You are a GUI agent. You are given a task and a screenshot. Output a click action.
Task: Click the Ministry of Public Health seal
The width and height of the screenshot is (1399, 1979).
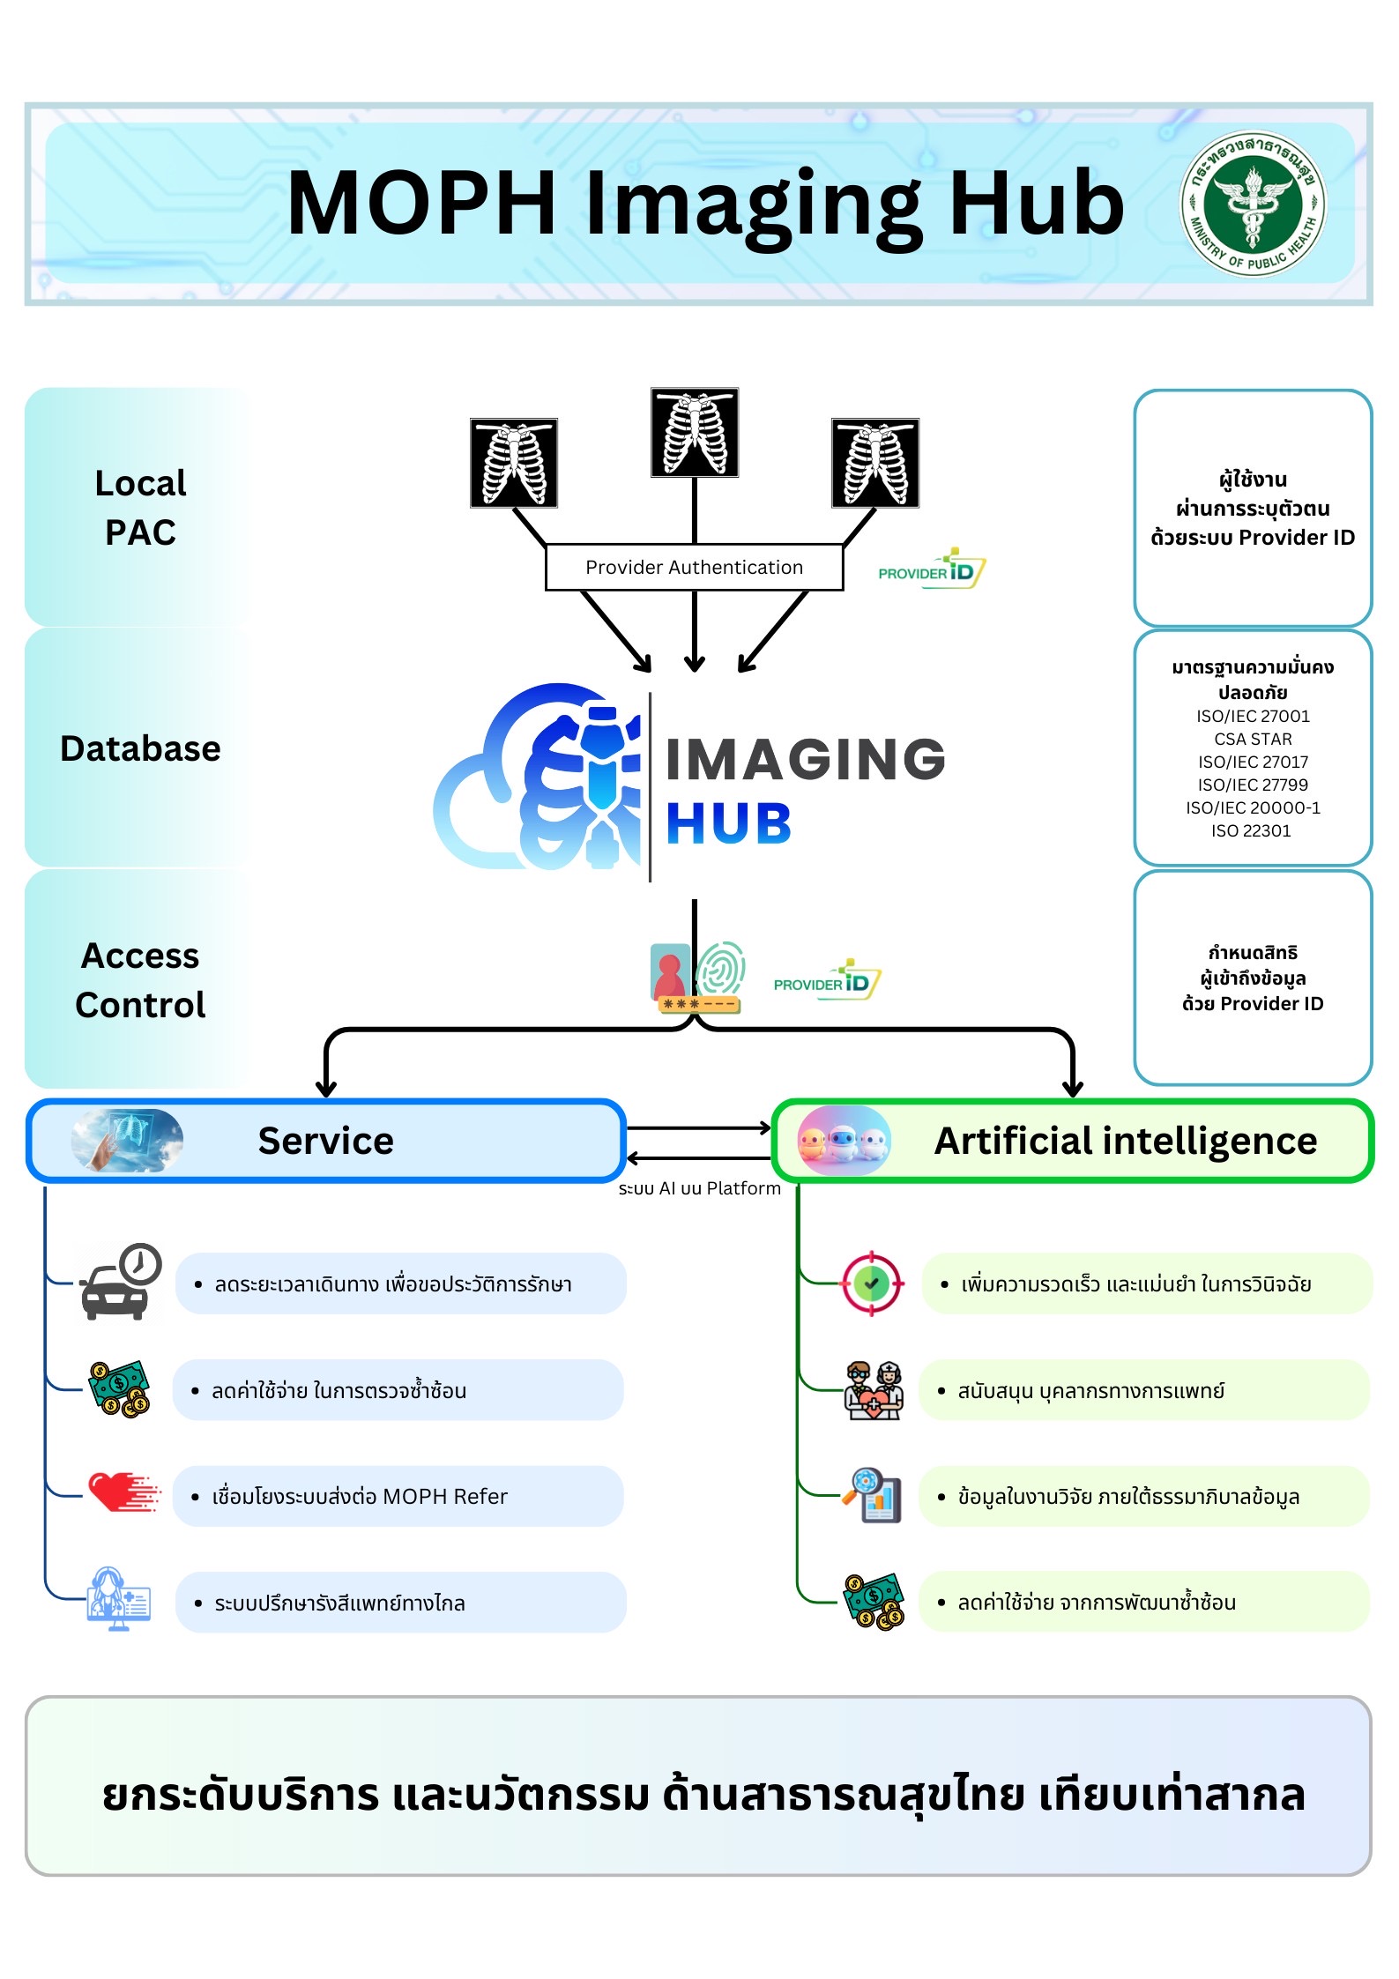click(1253, 204)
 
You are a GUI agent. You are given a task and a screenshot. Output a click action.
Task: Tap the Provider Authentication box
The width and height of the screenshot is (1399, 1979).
click(695, 567)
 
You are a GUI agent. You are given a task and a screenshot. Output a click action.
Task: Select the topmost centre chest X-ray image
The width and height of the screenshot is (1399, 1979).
click(695, 432)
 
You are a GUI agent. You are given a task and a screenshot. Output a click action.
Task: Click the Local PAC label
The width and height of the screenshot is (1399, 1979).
click(141, 508)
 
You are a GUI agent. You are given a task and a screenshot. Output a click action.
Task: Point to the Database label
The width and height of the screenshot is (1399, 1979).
click(141, 748)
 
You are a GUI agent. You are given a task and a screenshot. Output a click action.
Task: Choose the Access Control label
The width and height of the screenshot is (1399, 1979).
click(141, 980)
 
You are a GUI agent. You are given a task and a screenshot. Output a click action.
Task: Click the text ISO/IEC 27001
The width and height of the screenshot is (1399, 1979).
click(1253, 716)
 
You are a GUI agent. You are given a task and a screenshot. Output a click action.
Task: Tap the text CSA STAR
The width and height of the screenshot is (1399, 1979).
click(1253, 739)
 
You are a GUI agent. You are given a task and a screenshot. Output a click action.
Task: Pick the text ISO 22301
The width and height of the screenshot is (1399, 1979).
click(1251, 830)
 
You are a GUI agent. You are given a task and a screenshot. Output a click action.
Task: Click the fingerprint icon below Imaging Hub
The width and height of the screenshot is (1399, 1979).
click(721, 968)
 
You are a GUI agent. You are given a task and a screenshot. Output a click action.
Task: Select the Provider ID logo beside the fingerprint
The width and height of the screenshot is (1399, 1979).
click(827, 980)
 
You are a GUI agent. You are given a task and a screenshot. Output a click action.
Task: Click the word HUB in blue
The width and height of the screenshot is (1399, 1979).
click(728, 824)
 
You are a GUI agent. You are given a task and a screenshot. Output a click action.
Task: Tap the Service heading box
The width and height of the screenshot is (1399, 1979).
click(326, 1141)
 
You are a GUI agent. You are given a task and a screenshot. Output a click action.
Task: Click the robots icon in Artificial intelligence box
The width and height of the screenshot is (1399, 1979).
click(844, 1141)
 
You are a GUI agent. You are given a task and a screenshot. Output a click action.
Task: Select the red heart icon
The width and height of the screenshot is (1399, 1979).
click(123, 1492)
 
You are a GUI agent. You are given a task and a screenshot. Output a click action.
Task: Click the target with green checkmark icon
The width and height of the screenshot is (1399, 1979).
click(872, 1283)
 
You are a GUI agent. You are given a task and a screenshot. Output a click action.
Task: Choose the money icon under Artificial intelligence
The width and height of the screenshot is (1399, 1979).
click(874, 1601)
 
